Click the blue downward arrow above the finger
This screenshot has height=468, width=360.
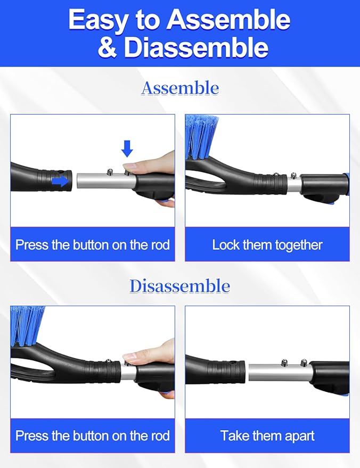pyautogui.click(x=127, y=149)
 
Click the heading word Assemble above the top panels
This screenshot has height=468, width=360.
pyautogui.click(x=180, y=88)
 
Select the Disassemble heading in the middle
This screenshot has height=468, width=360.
pyautogui.click(x=180, y=286)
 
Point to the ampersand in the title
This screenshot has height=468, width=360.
pyautogui.click(x=108, y=47)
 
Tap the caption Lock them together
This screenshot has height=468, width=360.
pyautogui.click(x=267, y=245)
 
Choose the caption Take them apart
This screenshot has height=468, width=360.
pyautogui.click(x=267, y=436)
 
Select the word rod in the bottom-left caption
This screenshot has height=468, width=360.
pyautogui.click(x=159, y=436)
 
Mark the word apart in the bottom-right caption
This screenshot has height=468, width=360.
pyautogui.click(x=296, y=436)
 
